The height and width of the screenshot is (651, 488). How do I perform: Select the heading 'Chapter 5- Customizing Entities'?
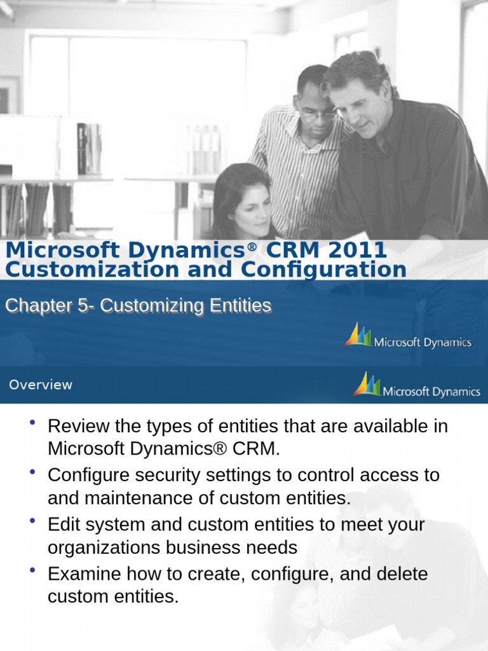tap(138, 306)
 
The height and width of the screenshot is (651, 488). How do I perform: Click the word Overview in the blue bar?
tap(41, 385)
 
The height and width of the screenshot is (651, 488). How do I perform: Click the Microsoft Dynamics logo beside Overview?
tap(417, 385)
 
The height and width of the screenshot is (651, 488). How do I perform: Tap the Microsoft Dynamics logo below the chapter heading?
tap(408, 336)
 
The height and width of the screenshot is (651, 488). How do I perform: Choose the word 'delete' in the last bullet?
tap(400, 575)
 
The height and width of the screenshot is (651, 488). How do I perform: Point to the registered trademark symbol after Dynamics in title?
tap(252, 245)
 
